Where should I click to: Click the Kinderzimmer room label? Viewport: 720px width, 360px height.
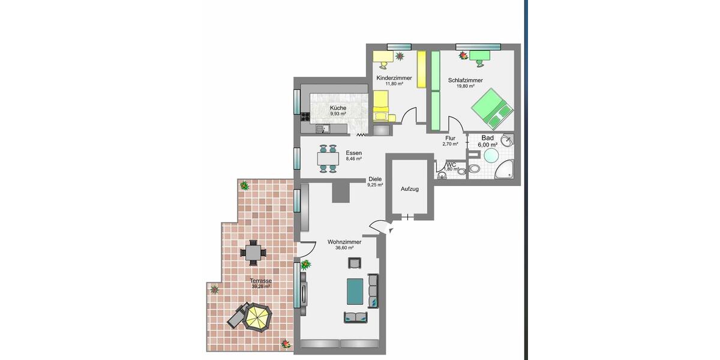tap(394, 78)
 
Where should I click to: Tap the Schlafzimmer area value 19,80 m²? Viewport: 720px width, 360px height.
tap(465, 86)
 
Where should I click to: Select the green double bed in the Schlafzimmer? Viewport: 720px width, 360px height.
tap(493, 109)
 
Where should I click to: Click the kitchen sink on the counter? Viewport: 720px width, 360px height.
tap(320, 128)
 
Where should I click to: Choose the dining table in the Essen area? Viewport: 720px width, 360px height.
tap(328, 158)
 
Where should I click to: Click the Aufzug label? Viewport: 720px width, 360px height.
tap(409, 189)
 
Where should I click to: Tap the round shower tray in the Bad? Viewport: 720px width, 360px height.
tap(491, 156)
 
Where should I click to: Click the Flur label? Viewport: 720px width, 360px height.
tap(450, 138)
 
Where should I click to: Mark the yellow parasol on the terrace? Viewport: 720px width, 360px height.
tap(257, 316)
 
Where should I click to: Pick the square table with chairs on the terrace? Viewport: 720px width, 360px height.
tap(253, 253)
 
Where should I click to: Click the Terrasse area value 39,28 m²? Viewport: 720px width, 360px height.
tap(261, 287)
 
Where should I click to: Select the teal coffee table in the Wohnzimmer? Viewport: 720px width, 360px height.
tap(356, 290)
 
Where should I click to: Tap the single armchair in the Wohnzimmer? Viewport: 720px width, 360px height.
tap(355, 262)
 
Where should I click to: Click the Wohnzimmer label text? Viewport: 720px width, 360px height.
tap(344, 242)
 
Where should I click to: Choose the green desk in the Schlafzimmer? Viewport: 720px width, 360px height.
tap(480, 56)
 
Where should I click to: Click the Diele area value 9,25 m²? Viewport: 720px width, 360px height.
tap(375, 185)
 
